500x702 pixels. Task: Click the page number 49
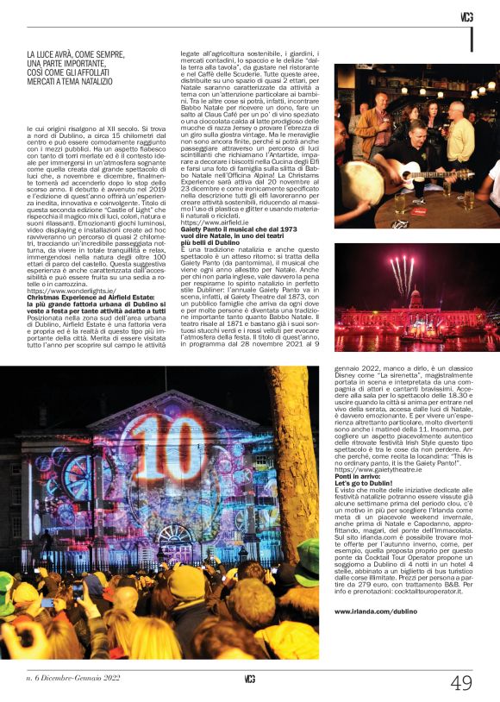(461, 682)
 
